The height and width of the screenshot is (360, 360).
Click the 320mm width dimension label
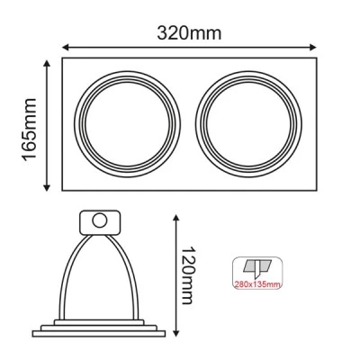tap(189, 33)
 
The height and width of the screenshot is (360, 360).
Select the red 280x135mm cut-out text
tap(257, 284)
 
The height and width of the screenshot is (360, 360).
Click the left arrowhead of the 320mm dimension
tap(66, 47)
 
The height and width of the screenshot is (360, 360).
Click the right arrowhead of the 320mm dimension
tap(313, 47)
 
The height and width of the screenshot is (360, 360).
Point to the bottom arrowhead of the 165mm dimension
tap(47, 187)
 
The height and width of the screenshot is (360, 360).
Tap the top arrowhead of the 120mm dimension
tap(176, 219)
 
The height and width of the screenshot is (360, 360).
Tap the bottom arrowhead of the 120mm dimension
tap(176, 332)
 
